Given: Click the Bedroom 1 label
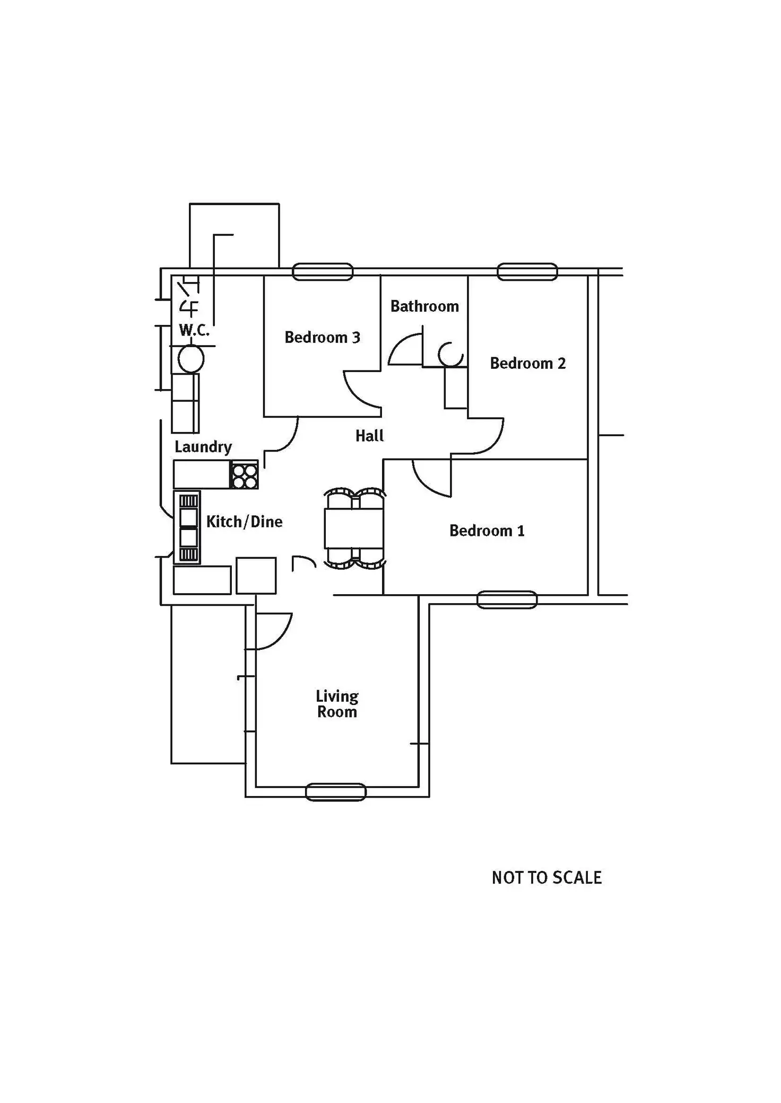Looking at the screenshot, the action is click(x=487, y=531).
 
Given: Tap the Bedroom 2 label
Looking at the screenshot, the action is click(x=528, y=363).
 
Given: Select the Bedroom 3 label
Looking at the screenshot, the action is click(x=322, y=337).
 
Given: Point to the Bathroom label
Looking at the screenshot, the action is click(x=424, y=306).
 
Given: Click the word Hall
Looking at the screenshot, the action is click(x=369, y=436).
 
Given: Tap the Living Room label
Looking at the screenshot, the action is click(x=337, y=704).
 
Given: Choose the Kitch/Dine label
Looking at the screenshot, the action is click(x=244, y=522).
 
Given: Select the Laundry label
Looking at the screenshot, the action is click(x=203, y=447).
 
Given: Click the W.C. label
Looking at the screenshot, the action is click(x=194, y=330).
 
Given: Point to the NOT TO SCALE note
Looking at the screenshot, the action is click(x=546, y=878).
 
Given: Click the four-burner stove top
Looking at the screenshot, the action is click(x=244, y=475).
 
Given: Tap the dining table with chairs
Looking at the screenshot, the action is click(x=354, y=528).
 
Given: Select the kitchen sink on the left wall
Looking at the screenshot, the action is click(x=187, y=528).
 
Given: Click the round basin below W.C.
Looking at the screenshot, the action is click(x=191, y=359).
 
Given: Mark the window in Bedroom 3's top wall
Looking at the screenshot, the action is click(x=323, y=272).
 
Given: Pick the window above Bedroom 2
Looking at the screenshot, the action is click(x=527, y=272).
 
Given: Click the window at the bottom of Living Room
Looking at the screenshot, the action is click(x=336, y=792).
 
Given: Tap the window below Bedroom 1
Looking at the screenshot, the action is click(x=507, y=599).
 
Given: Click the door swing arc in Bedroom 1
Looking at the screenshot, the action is click(x=431, y=479).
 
